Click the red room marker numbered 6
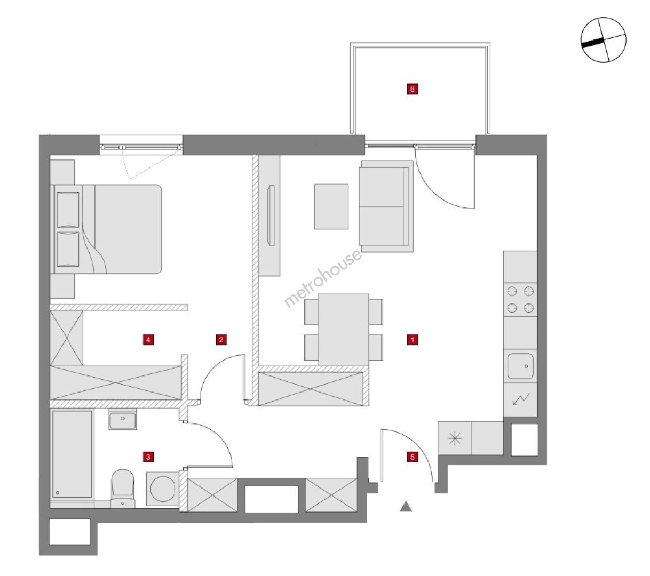point(413,89)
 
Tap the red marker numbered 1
point(413,339)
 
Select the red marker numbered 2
point(221,339)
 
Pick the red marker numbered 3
point(148,457)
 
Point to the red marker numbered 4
point(148,339)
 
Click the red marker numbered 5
point(413,457)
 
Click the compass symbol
point(604,40)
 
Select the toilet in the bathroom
point(123,489)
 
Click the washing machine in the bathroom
point(163,489)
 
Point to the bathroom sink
point(123,420)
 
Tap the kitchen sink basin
point(520,366)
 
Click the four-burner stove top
point(520,300)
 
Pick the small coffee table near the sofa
point(331,206)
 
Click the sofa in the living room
point(386,206)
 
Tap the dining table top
point(344,330)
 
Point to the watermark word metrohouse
point(323,278)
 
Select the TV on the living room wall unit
point(271,215)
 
